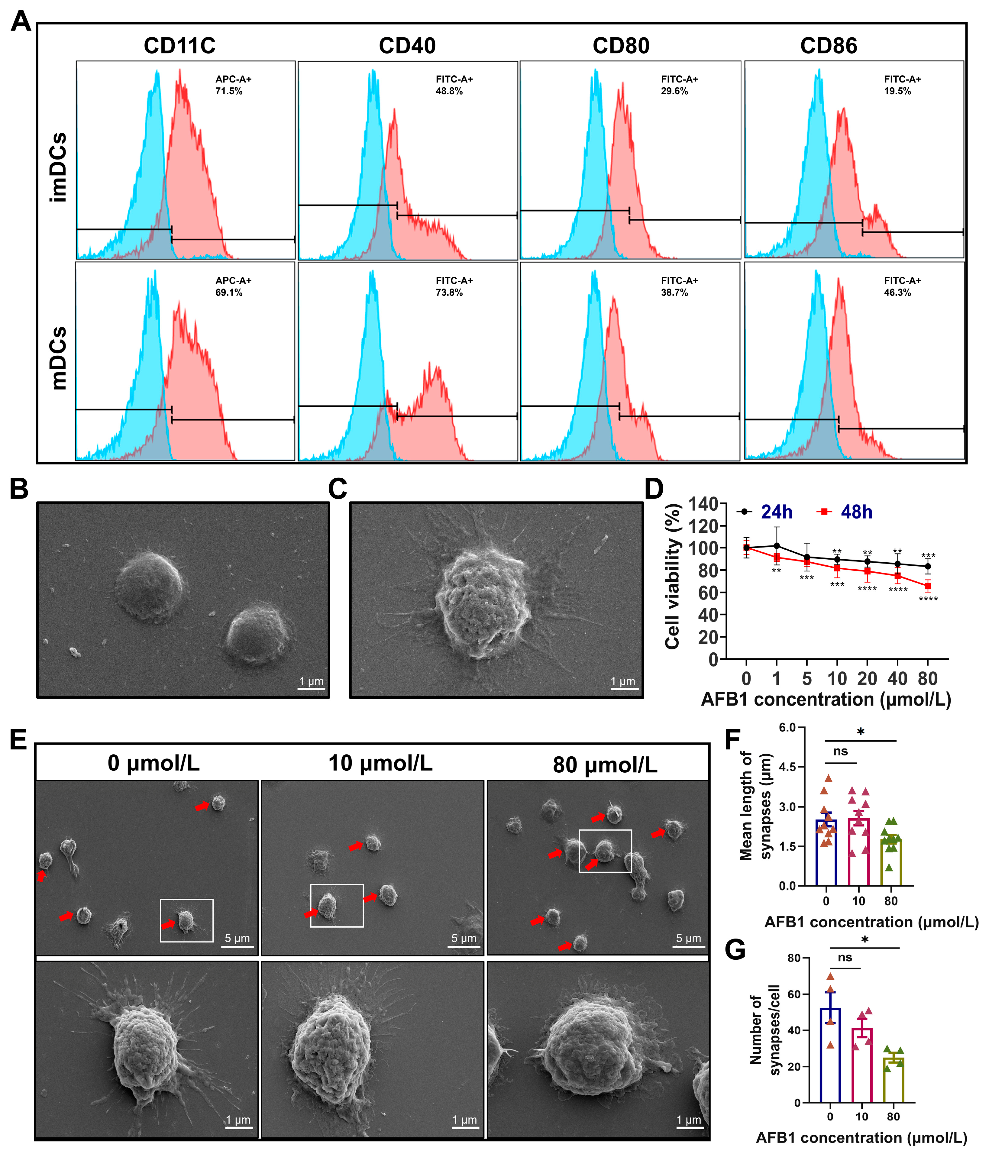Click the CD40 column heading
point(407,46)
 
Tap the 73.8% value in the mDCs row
point(449,293)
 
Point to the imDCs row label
point(59,167)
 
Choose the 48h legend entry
point(846,512)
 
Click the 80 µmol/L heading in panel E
point(605,765)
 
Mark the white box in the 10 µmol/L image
point(337,906)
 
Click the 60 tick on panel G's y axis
point(793,994)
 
